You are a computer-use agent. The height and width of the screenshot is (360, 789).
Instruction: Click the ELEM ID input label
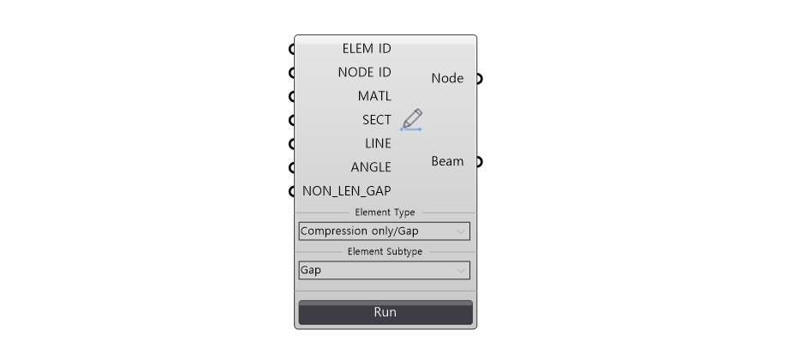tap(367, 49)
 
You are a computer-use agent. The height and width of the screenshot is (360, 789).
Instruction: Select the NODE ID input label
tap(364, 73)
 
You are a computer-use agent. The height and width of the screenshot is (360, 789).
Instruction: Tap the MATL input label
tap(374, 96)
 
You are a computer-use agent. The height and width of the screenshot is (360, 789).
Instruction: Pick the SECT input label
tap(376, 120)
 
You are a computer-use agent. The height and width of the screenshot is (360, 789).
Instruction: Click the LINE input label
tap(378, 143)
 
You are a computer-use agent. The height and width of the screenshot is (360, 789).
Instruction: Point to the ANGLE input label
tap(371, 167)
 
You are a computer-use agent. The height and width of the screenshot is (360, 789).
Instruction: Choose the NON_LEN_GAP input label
tap(347, 191)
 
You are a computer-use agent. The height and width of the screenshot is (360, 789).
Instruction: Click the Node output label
tap(447, 79)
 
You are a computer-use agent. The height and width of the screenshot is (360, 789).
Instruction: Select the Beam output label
tap(447, 162)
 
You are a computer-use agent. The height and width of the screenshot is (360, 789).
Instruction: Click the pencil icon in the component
tap(411, 120)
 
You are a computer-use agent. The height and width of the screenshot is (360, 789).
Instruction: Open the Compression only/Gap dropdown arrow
tap(460, 231)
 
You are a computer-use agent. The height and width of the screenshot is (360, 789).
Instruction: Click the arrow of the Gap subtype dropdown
tap(460, 271)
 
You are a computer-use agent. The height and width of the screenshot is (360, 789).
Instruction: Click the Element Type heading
tap(385, 213)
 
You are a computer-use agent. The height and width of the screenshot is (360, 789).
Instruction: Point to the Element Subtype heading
tap(385, 252)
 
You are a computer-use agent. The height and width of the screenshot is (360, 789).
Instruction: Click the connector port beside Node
tap(479, 79)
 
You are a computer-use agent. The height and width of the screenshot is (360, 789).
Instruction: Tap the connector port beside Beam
tap(479, 162)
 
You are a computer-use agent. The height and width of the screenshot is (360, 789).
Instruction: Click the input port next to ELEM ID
tap(292, 49)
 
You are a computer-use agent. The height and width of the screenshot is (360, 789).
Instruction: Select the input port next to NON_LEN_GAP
tap(292, 191)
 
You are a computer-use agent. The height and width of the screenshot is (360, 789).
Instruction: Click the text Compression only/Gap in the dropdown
tap(359, 231)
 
